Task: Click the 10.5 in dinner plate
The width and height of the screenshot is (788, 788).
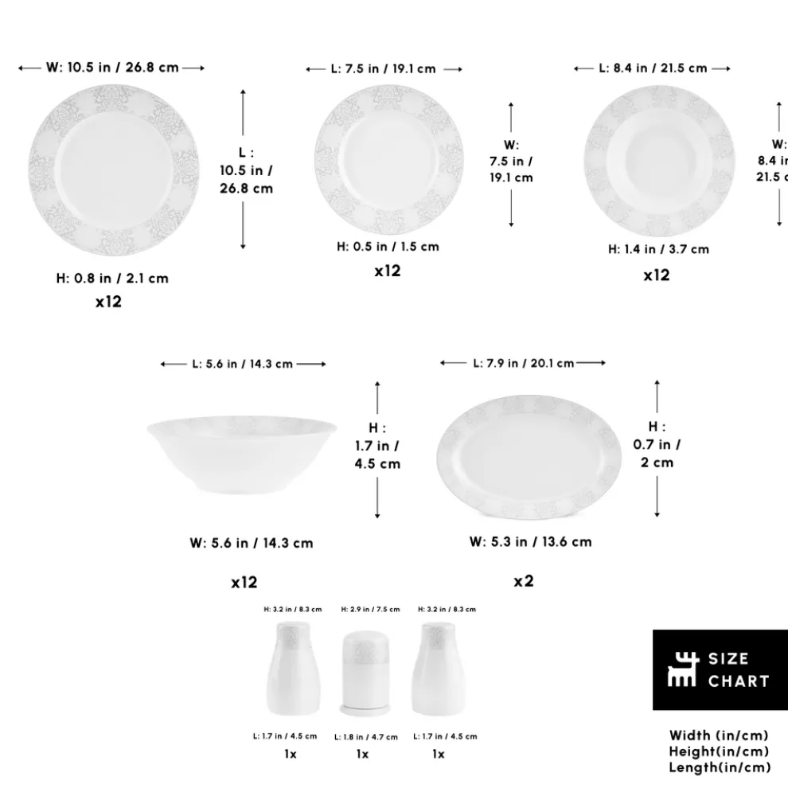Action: pyautogui.click(x=113, y=171)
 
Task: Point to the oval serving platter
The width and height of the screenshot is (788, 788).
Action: pyautogui.click(x=529, y=458)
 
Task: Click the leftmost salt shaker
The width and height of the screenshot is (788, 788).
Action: pyautogui.click(x=292, y=668)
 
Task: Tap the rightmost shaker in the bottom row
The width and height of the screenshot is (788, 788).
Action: pyautogui.click(x=439, y=668)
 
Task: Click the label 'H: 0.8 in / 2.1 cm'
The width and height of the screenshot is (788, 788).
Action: pyautogui.click(x=112, y=279)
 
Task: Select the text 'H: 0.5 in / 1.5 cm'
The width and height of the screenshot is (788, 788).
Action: pyautogui.click(x=388, y=247)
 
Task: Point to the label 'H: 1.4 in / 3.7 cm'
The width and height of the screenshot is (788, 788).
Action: pyautogui.click(x=658, y=249)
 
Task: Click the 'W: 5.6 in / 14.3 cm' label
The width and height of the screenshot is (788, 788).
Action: pyautogui.click(x=252, y=544)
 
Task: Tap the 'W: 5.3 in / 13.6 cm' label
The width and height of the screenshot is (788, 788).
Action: pyautogui.click(x=530, y=542)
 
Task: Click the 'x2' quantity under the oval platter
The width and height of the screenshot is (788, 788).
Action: pyautogui.click(x=523, y=581)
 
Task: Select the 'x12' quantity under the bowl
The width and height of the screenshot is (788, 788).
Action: pyautogui.click(x=244, y=583)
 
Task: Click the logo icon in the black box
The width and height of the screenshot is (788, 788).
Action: pyautogui.click(x=682, y=669)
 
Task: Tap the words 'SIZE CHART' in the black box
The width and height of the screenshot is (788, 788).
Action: pyautogui.click(x=738, y=669)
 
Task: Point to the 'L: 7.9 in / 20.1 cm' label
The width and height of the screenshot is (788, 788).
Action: pyautogui.click(x=523, y=363)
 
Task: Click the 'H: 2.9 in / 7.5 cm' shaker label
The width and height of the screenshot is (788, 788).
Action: pyautogui.click(x=370, y=610)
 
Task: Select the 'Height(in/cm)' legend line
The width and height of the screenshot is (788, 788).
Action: pyautogui.click(x=720, y=751)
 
